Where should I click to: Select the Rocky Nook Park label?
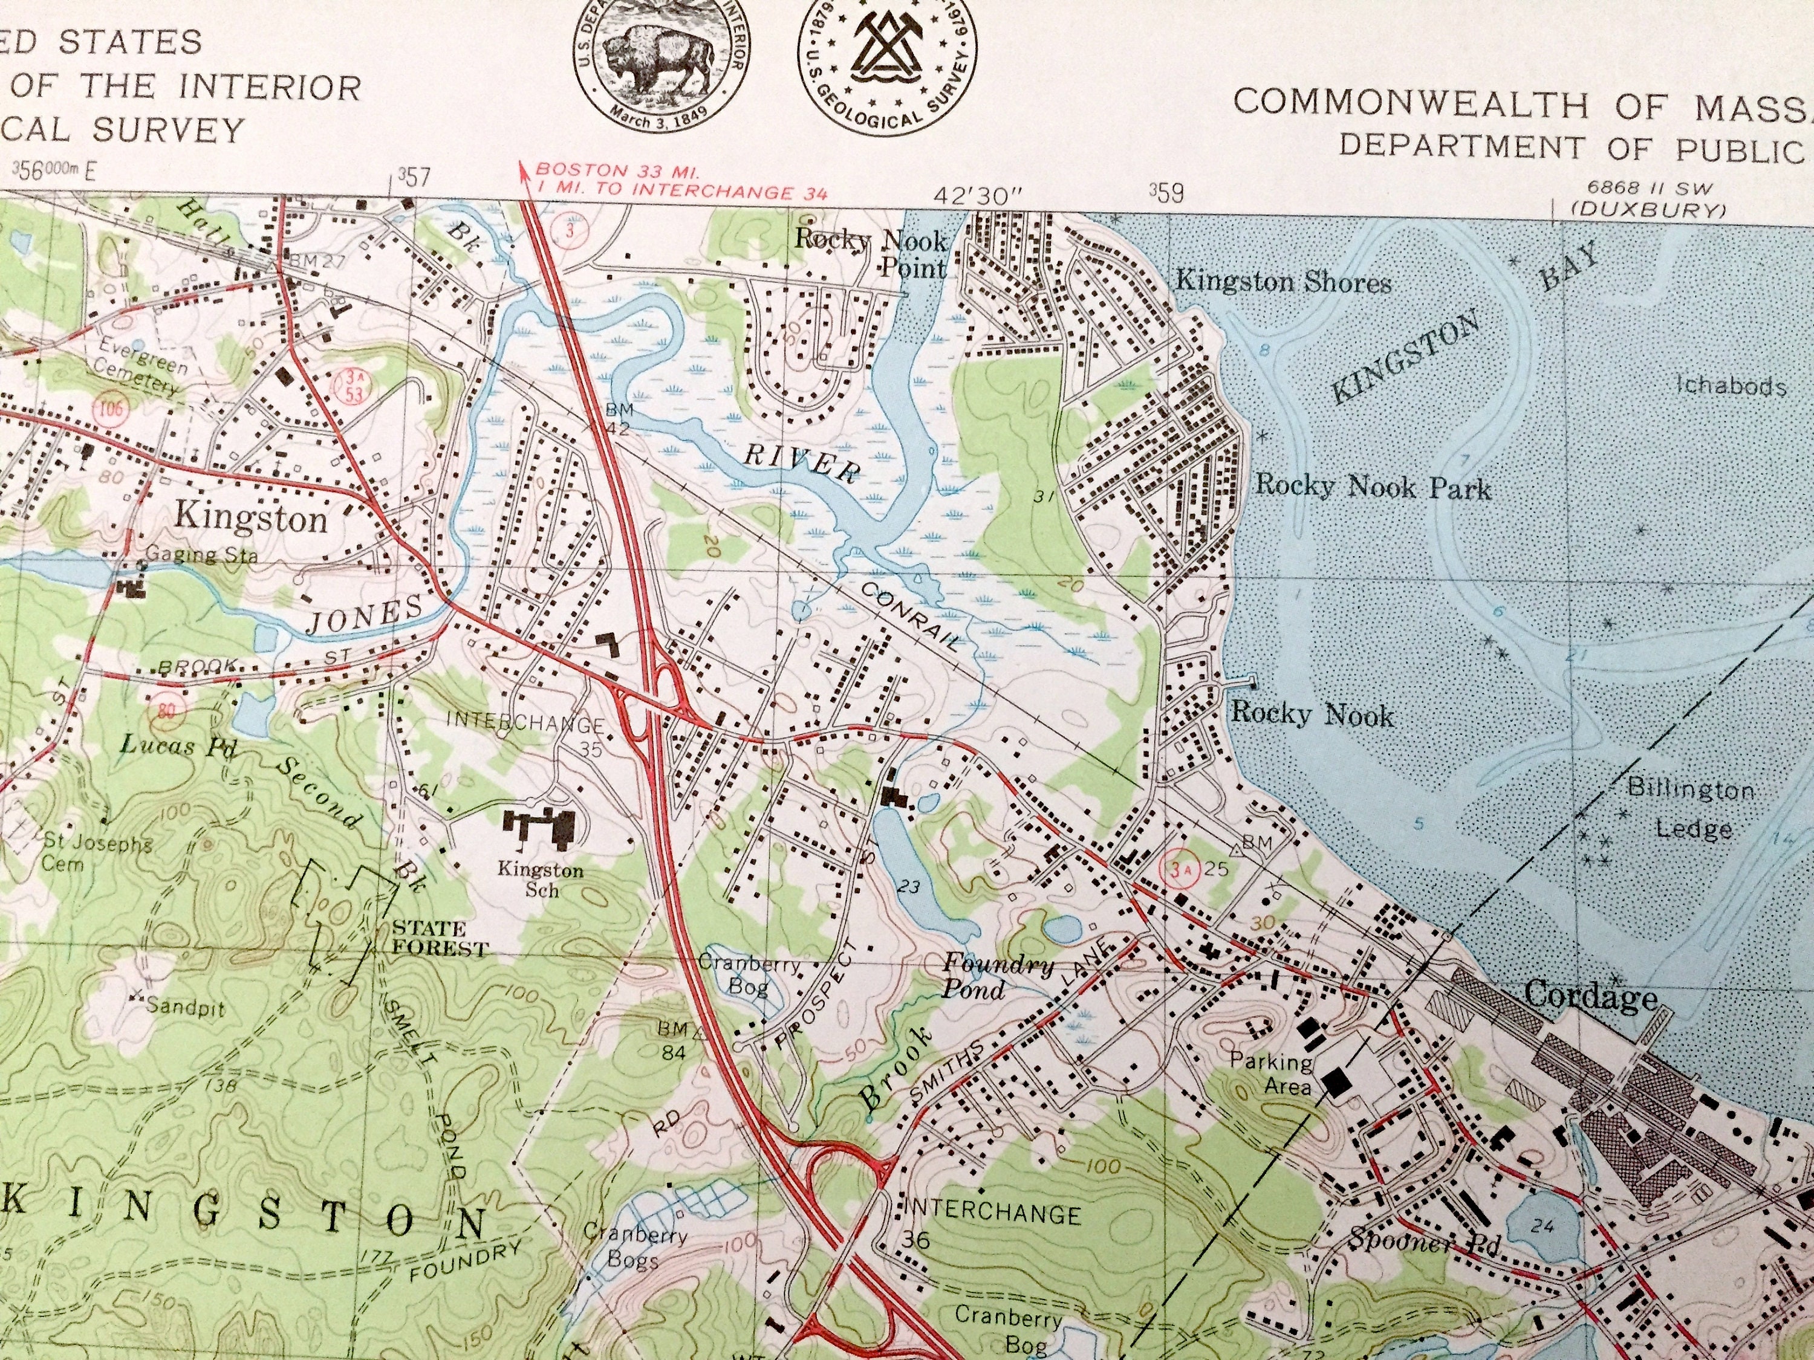pyautogui.click(x=1372, y=487)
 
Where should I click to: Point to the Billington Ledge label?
pyautogui.click(x=1691, y=809)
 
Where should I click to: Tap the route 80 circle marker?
pyautogui.click(x=166, y=710)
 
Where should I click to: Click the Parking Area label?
pyautogui.click(x=1270, y=1075)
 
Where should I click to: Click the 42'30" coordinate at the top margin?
pyautogui.click(x=978, y=196)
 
